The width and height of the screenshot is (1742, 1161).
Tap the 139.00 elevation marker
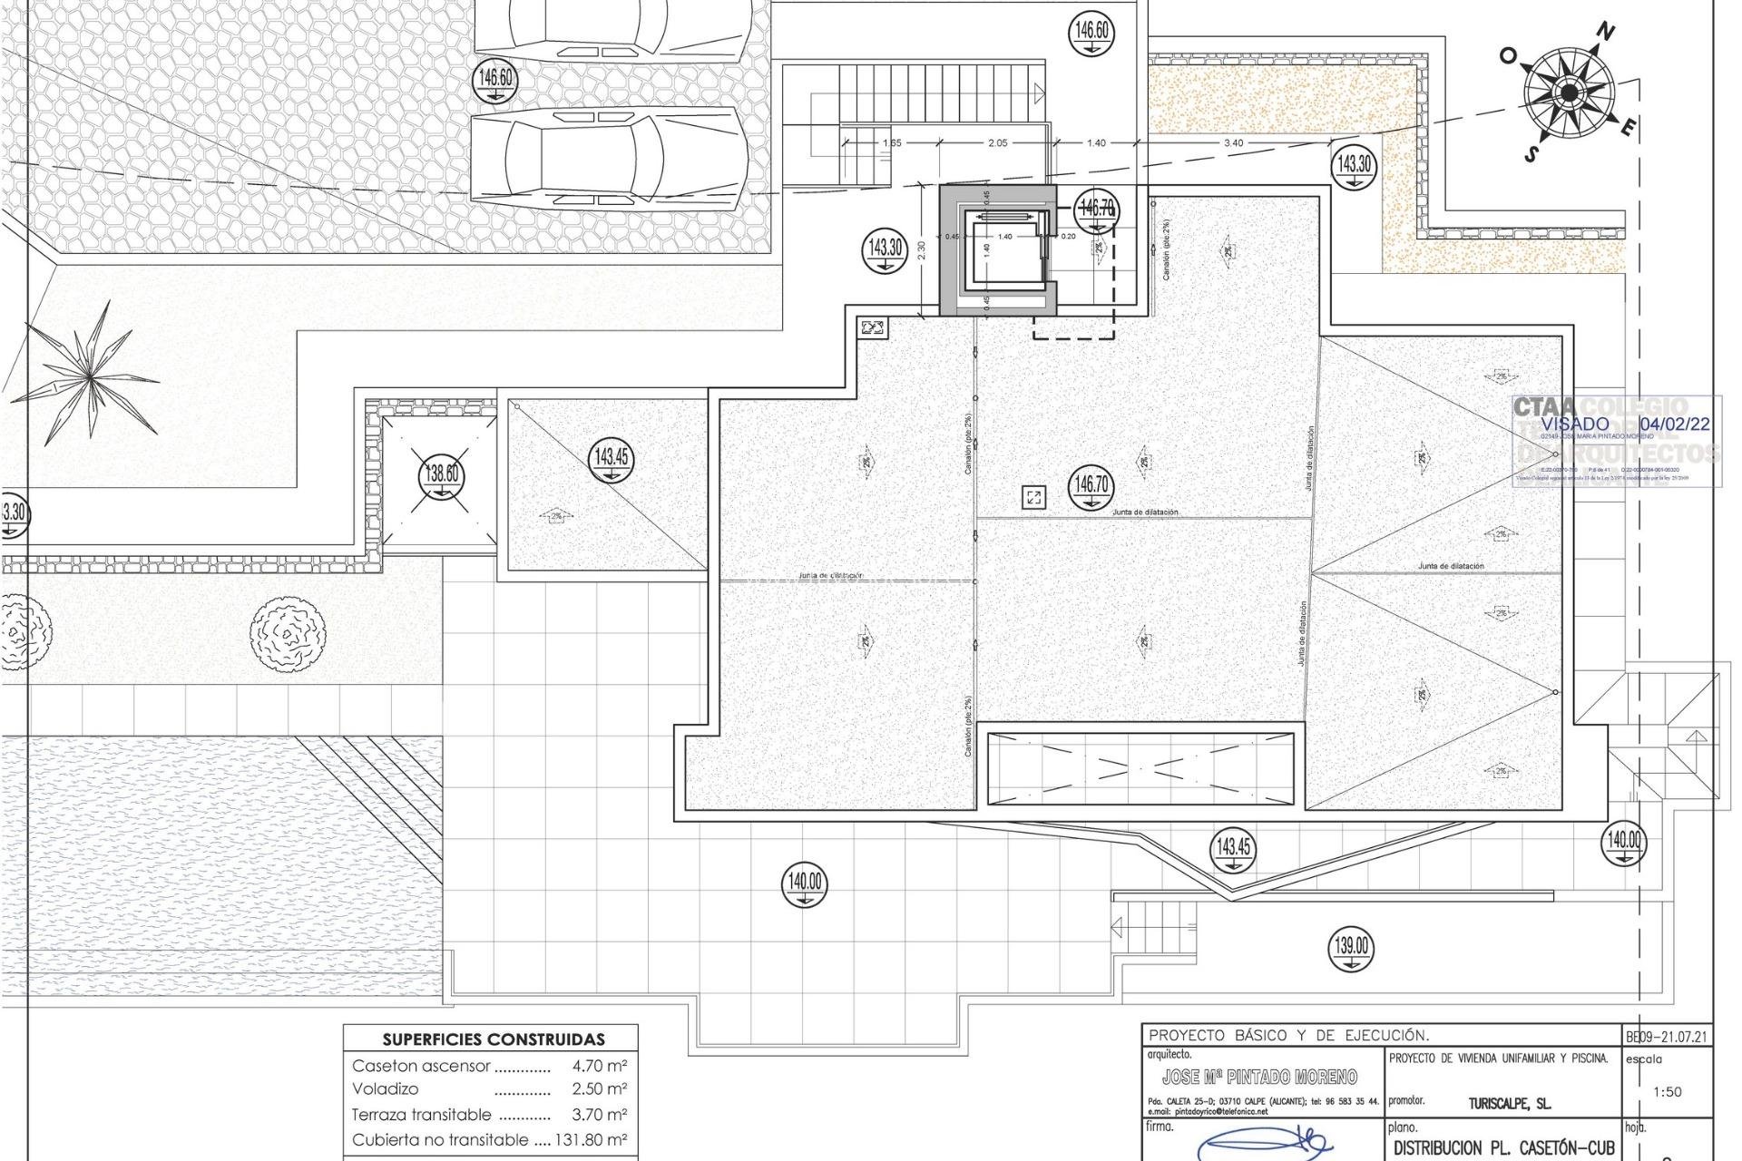coord(1351,948)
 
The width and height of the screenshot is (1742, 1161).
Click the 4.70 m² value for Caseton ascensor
coord(600,1067)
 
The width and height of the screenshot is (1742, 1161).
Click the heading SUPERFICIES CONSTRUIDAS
coord(493,1039)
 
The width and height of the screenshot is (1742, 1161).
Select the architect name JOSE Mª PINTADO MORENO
coord(1259,1077)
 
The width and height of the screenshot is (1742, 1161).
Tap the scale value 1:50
coord(1668,1092)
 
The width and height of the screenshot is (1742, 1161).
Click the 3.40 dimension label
coord(1234,143)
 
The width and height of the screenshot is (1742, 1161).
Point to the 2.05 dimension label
coord(997,143)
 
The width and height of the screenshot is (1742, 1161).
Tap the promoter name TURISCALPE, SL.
coord(1509,1104)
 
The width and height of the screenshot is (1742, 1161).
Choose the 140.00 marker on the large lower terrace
coord(805,883)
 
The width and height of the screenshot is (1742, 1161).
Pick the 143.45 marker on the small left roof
coord(612,458)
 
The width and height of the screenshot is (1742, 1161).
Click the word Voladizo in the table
coord(386,1088)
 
